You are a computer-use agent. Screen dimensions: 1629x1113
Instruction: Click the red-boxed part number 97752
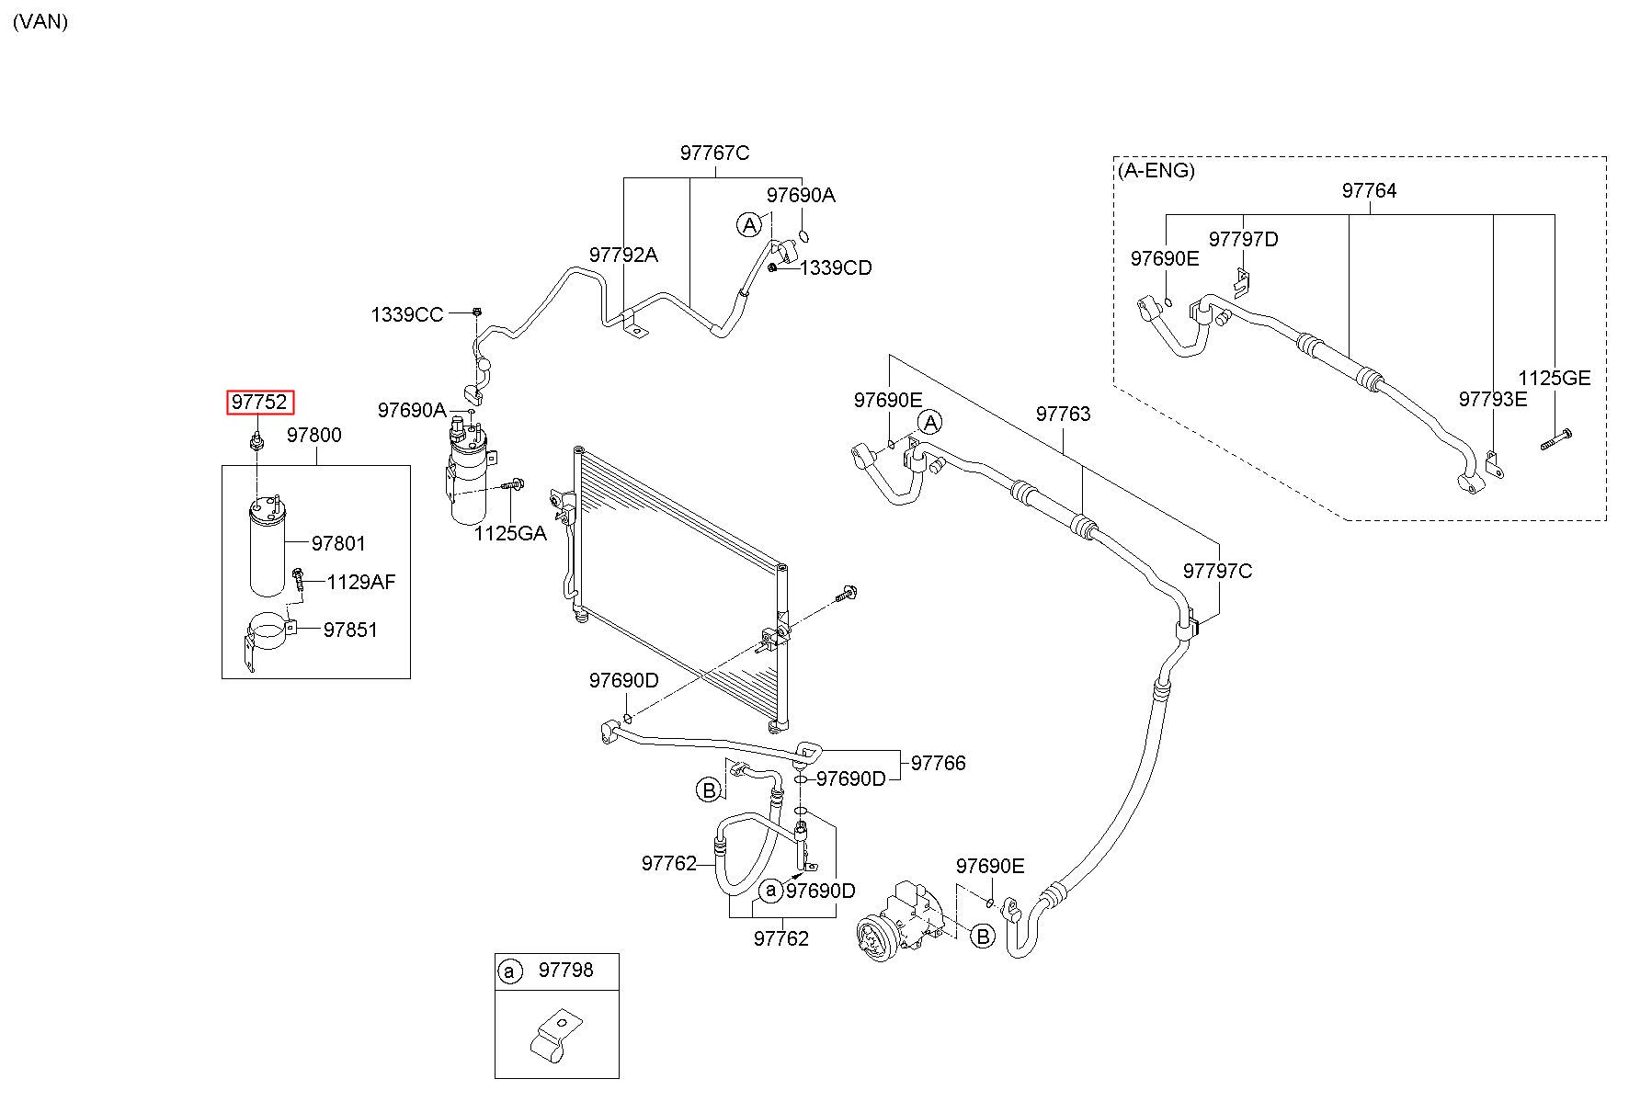coord(261,403)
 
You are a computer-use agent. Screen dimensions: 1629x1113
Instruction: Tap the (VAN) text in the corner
coord(40,21)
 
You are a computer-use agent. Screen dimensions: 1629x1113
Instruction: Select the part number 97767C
coord(714,153)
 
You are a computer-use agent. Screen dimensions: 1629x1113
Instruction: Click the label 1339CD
coord(836,267)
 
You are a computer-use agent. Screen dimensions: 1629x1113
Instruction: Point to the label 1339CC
coord(406,314)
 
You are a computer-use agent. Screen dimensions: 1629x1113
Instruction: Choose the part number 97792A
coord(623,255)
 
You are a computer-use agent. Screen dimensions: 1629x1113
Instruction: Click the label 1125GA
coord(510,533)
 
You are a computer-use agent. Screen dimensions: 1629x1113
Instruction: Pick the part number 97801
coord(338,543)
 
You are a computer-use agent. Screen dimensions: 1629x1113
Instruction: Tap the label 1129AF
coord(361,582)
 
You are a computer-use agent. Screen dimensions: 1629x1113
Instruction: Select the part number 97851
coord(349,630)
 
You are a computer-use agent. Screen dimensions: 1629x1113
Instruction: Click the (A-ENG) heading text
coord(1156,170)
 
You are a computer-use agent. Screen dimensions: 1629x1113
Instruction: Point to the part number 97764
coord(1369,190)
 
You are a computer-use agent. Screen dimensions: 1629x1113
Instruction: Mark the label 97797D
coord(1243,239)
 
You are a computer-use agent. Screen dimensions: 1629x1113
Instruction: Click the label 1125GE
coord(1554,378)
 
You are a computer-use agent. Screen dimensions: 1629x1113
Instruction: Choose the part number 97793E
coord(1493,398)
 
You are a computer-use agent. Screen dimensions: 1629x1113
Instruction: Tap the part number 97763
coord(1063,414)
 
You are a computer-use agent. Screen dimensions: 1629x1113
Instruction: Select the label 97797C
coord(1217,571)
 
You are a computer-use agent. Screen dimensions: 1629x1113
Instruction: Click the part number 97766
coord(938,763)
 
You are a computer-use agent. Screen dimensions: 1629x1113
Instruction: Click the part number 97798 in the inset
coord(565,970)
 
